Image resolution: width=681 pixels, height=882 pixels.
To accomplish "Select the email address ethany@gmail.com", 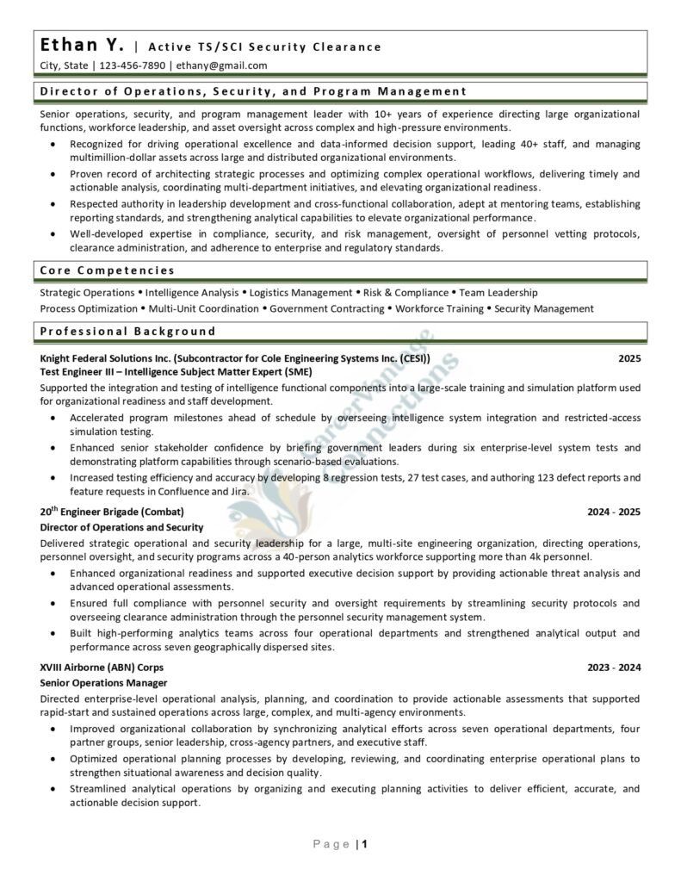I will (x=222, y=65).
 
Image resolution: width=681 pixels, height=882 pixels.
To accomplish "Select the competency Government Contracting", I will (x=327, y=308).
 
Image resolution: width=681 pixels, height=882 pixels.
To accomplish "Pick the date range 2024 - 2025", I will (x=614, y=512).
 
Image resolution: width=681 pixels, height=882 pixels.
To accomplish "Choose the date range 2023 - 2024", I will (x=614, y=668).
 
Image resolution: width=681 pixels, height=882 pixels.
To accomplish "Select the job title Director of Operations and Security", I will (x=121, y=527).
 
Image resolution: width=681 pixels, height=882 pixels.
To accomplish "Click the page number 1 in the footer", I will (x=365, y=844).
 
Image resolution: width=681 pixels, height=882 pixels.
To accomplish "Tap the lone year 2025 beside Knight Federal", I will (x=629, y=357).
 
